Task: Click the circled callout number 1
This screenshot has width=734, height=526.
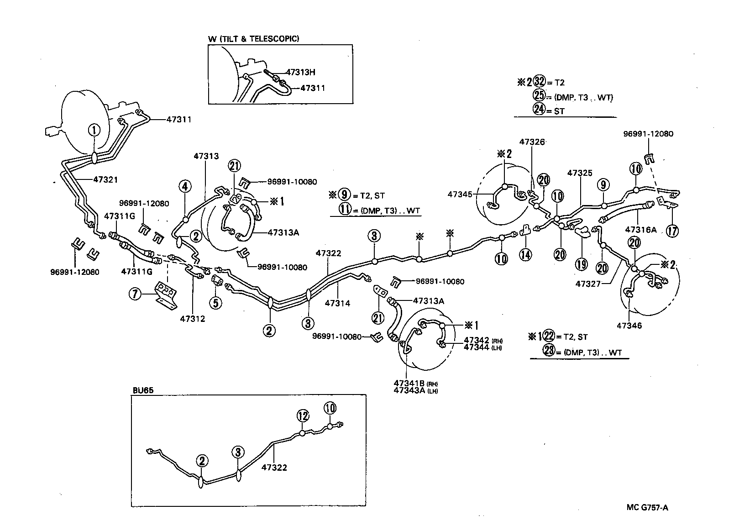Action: pos(94,131)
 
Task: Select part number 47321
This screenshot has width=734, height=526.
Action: pos(105,179)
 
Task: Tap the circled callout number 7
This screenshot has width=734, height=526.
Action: pos(135,295)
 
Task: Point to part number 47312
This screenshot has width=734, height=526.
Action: pos(193,319)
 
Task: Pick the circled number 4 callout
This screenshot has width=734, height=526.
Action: pos(185,186)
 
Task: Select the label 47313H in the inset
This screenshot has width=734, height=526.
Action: pos(300,72)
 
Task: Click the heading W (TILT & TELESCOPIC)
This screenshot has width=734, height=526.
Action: pos(254,39)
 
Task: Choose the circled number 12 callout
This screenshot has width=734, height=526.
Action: pos(302,416)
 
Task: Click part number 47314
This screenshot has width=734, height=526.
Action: pos(337,303)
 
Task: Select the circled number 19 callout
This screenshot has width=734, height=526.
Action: pos(581,264)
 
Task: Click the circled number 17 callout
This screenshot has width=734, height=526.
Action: pos(672,231)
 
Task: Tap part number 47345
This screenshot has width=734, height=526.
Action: pos(460,195)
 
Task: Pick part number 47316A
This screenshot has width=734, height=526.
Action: pos(640,230)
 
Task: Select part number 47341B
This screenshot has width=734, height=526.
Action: pos(409,383)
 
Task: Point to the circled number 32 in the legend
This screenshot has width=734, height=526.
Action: pos(540,82)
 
